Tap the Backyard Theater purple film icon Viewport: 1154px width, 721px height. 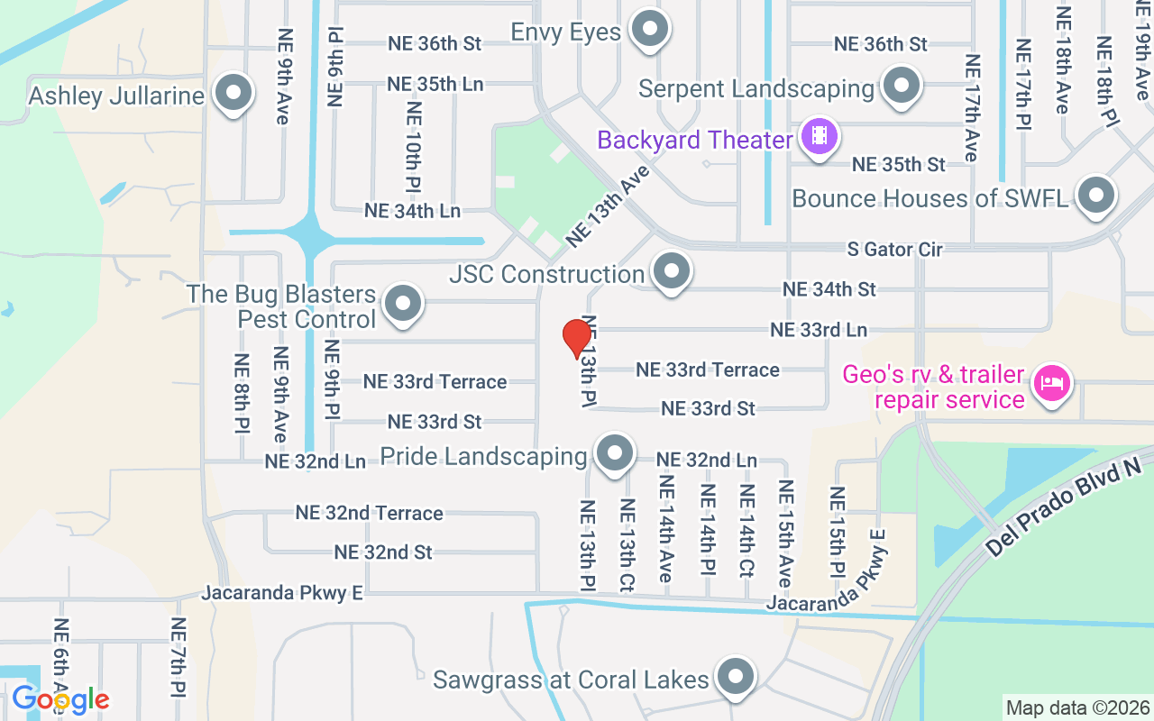click(819, 138)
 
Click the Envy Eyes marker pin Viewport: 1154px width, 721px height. click(648, 30)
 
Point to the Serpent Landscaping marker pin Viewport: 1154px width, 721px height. click(900, 87)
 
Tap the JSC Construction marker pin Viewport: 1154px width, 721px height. click(671, 270)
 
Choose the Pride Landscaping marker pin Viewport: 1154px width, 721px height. click(616, 453)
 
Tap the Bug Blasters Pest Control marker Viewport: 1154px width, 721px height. click(403, 304)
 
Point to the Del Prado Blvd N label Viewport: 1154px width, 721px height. click(1064, 507)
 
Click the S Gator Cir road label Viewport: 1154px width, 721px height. click(894, 249)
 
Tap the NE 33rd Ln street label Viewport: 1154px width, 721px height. click(819, 331)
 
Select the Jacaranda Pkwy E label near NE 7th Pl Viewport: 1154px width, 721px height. click(282, 593)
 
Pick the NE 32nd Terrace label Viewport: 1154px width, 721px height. click(370, 513)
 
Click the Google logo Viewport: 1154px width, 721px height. click(60, 698)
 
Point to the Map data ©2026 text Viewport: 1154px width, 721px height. click(1077, 707)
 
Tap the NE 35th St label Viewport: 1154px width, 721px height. click(899, 164)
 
